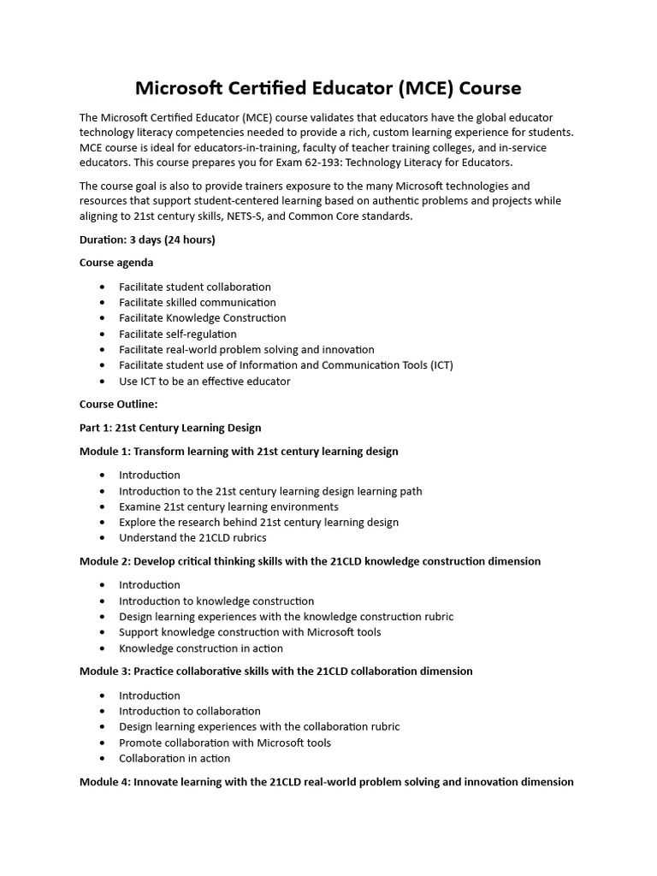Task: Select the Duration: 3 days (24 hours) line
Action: pyautogui.click(x=147, y=240)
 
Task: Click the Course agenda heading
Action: pyautogui.click(x=116, y=263)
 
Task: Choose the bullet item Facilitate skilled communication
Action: pyautogui.click(x=198, y=302)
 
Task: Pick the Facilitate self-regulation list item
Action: pyautogui.click(x=178, y=334)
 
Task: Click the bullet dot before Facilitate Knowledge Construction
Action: pyautogui.click(x=104, y=318)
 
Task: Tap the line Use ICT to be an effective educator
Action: pyautogui.click(x=204, y=381)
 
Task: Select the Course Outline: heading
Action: pyautogui.click(x=118, y=404)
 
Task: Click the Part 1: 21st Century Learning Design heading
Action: pyautogui.click(x=170, y=427)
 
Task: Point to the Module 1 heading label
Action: pyautogui.click(x=105, y=451)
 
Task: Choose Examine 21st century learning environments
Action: pyautogui.click(x=228, y=506)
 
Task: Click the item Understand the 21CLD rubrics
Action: pyautogui.click(x=192, y=538)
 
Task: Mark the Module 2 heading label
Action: pyautogui.click(x=105, y=561)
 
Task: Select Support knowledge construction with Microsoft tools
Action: pyautogui.click(x=250, y=632)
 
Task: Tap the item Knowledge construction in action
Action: pyautogui.click(x=201, y=648)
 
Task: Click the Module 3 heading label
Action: pyautogui.click(x=105, y=671)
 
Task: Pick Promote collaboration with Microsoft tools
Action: pyautogui.click(x=225, y=743)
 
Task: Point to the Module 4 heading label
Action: pyautogui.click(x=105, y=782)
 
